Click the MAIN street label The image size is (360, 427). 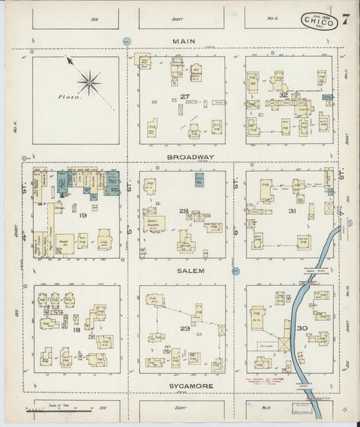pos(183,41)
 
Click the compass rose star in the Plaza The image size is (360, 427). pos(88,82)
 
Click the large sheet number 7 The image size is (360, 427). pos(345,20)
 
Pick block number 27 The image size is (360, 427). pos(184,97)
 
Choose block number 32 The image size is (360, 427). pos(284,95)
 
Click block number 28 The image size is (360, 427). pos(183,211)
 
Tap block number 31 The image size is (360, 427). pos(292,211)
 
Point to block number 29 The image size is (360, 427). pos(184,328)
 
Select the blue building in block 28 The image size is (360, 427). pos(199,180)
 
